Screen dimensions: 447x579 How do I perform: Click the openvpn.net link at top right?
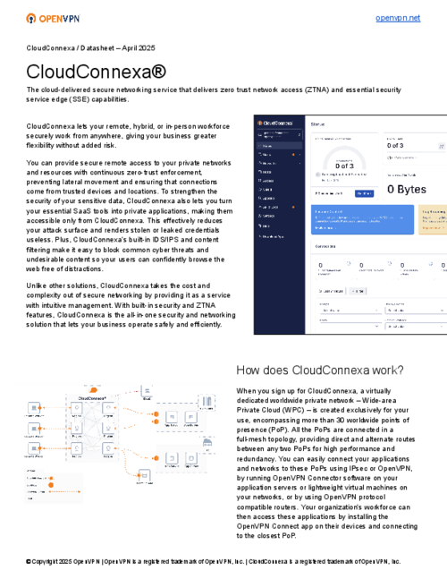click(398, 18)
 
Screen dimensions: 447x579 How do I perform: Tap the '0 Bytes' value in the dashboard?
click(412, 189)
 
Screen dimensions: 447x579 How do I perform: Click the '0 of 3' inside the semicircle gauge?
click(344, 165)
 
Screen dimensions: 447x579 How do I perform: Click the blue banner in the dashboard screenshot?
click(361, 217)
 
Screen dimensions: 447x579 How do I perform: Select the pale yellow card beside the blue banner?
click(431, 219)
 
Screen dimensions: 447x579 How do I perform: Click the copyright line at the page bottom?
click(215, 562)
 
